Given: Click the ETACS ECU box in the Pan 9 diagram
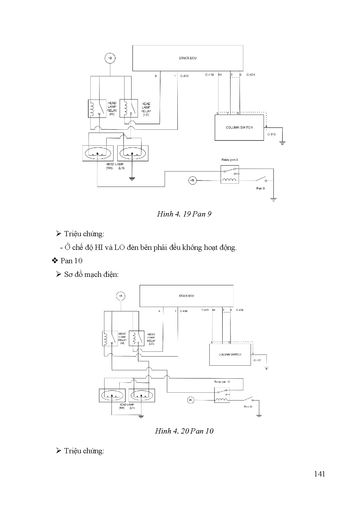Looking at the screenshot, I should coord(188,58).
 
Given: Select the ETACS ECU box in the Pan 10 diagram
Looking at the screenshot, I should coord(186,296).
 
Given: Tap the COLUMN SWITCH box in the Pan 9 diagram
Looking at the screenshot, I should coord(239,127).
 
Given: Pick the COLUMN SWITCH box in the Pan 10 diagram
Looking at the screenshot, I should coord(230,354).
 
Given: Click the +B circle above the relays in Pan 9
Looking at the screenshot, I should coord(110,58).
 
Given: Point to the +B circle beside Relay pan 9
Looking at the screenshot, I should coord(192,180).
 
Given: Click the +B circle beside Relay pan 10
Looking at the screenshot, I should coord(190,400).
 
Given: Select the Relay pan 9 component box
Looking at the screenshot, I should coord(230,174).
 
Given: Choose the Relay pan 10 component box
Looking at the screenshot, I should coord(222,395).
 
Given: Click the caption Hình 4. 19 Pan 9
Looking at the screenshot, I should coord(184,214).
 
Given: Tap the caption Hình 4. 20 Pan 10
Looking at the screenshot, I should coord(184,431).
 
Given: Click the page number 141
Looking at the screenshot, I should coord(319,474).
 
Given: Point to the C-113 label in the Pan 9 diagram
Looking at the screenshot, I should coord(271,134).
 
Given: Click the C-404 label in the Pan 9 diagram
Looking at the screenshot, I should coord(251,75).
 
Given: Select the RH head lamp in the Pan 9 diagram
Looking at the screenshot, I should coord(98,153).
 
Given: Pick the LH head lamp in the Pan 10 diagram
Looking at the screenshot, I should coord(142,395).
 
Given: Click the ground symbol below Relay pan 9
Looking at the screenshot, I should coord(273,199).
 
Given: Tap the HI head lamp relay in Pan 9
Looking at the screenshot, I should coord(97,109).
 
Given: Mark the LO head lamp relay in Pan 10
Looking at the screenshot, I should coord(136,338).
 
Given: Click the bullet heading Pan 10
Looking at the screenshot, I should coord(71,261).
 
